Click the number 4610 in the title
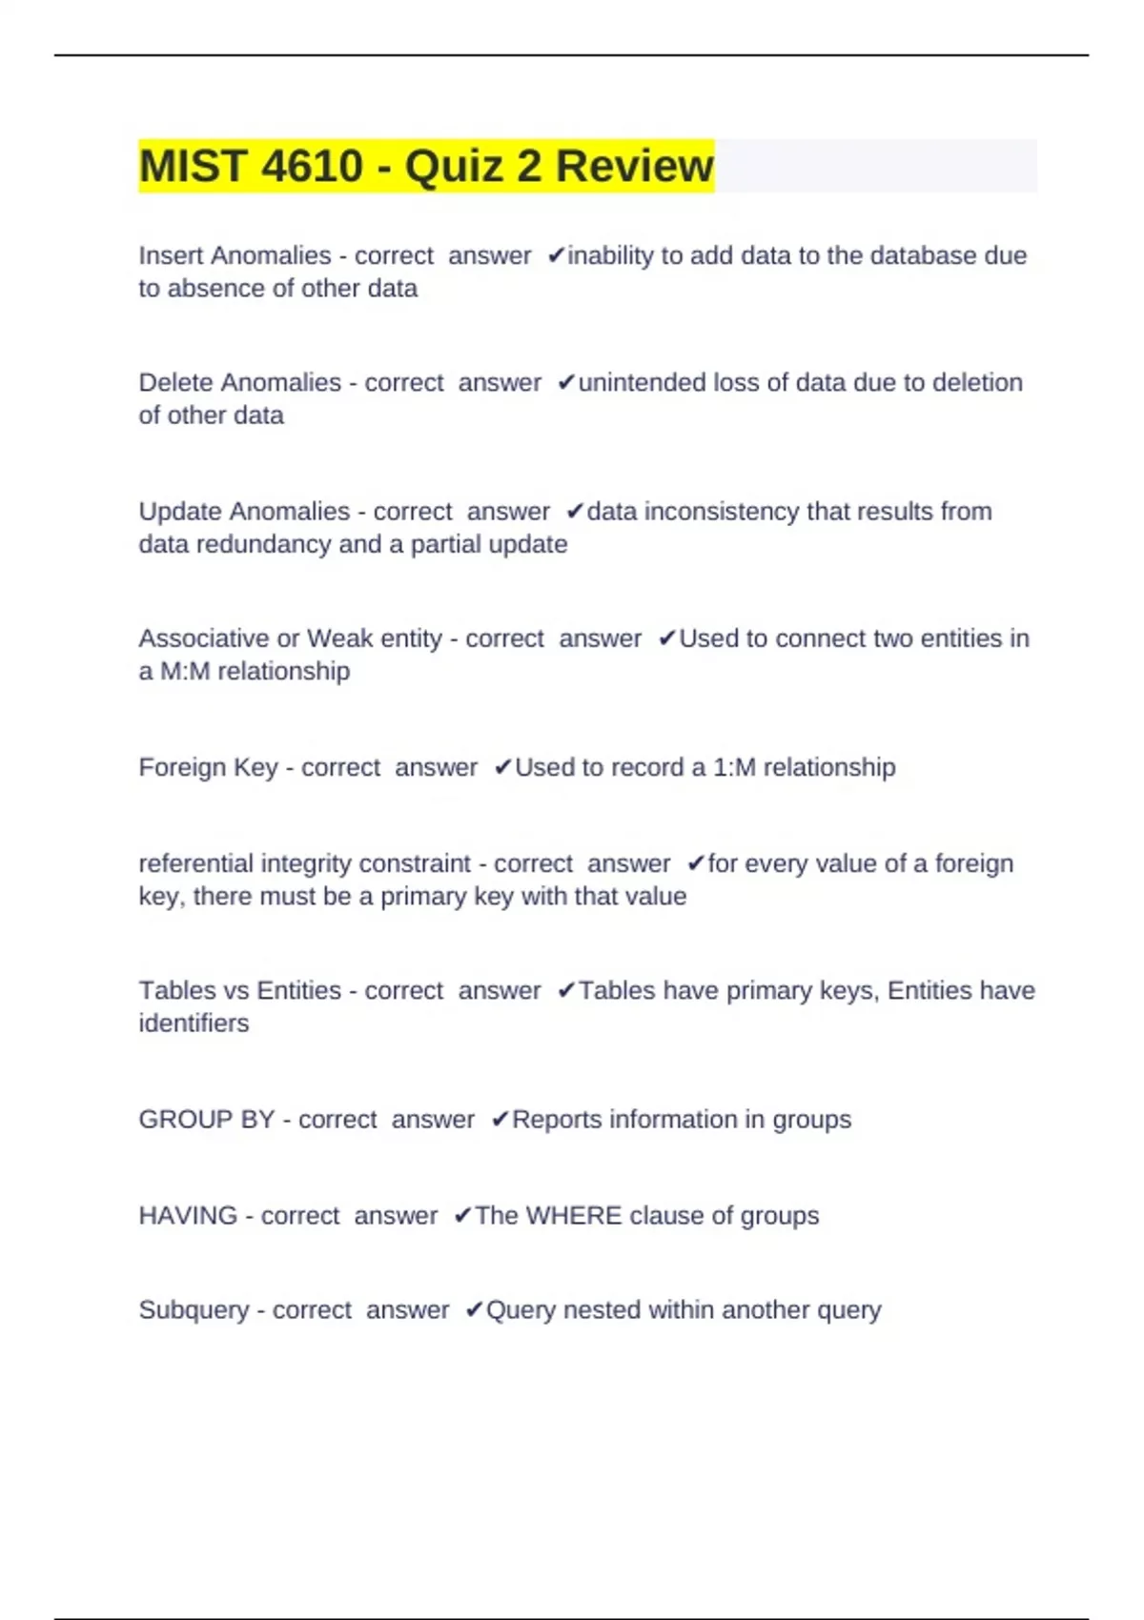click(312, 166)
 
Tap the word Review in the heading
click(634, 166)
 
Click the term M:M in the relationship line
click(184, 671)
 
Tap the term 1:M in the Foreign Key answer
click(734, 767)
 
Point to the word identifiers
click(194, 1023)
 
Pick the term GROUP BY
click(206, 1120)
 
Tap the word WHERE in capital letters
click(574, 1216)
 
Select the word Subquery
click(194, 1310)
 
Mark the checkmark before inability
click(556, 255)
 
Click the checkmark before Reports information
click(500, 1120)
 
